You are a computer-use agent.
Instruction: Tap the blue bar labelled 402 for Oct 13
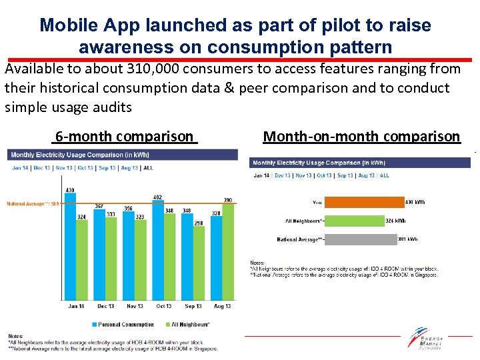click(x=157, y=250)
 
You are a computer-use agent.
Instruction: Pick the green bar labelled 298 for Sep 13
click(x=199, y=263)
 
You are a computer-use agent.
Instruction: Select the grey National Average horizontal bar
click(x=363, y=239)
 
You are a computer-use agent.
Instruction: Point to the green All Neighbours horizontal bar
click(x=355, y=220)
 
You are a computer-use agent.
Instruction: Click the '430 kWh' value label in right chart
click(x=415, y=201)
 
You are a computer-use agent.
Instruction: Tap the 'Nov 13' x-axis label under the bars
click(x=135, y=307)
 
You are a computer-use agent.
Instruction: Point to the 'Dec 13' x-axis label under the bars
click(x=105, y=307)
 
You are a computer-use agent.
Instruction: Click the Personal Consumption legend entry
click(x=125, y=325)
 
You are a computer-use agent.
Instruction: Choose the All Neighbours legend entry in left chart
click(x=189, y=325)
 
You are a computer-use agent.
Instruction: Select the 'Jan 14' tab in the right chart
click(x=261, y=175)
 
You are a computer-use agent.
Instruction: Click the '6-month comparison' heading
click(x=124, y=137)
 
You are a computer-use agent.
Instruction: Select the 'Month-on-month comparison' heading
click(x=361, y=137)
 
